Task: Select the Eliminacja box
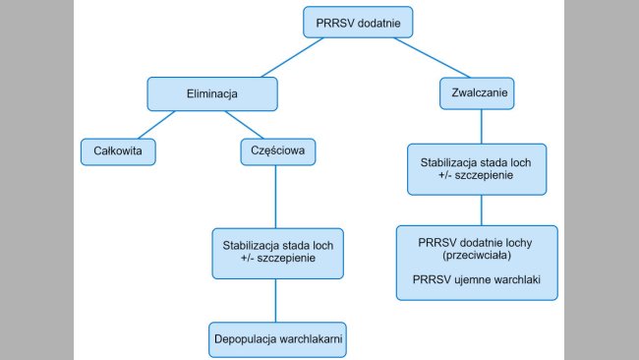(x=212, y=94)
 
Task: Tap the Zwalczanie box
(x=481, y=94)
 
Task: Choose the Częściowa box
(x=277, y=151)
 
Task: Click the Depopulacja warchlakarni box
(x=279, y=338)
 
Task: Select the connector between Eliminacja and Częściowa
(x=246, y=124)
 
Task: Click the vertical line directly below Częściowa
(x=278, y=197)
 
